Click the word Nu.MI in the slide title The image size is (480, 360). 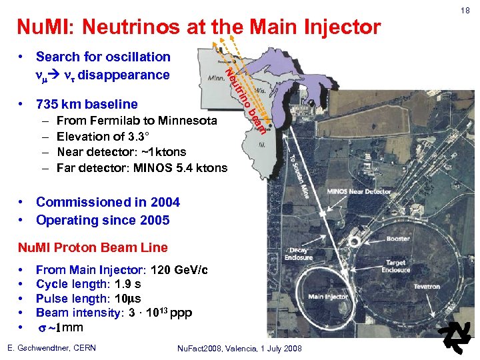[x=41, y=28]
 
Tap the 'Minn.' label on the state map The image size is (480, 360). [x=219, y=78]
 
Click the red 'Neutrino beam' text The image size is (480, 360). [x=245, y=100]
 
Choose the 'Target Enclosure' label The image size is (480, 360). [x=395, y=267]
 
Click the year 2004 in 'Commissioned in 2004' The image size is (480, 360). [x=163, y=202]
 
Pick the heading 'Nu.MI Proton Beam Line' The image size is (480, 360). [x=92, y=247]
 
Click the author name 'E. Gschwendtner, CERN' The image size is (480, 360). [x=51, y=348]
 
